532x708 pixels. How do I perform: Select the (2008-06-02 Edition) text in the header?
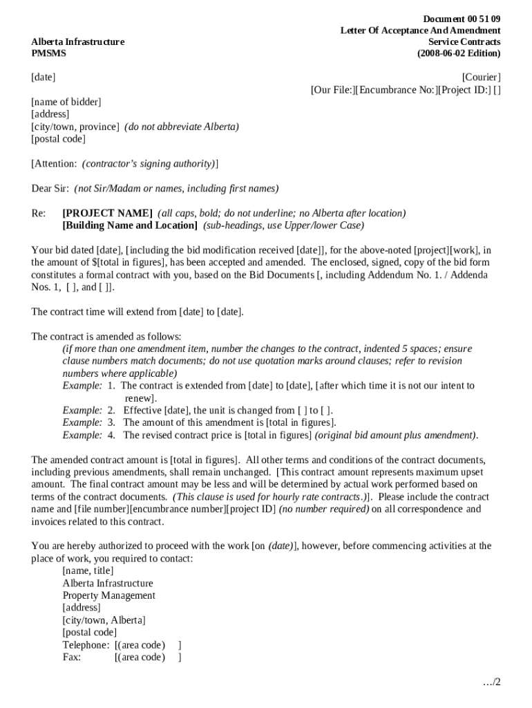click(x=459, y=53)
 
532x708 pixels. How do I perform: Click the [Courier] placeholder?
click(x=481, y=77)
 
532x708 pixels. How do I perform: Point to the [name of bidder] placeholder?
click(x=66, y=102)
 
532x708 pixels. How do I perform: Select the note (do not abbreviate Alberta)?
click(x=182, y=127)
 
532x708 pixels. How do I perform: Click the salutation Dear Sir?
click(x=50, y=189)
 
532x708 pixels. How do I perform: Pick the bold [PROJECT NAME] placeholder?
click(x=107, y=213)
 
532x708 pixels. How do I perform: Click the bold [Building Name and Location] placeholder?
click(x=130, y=225)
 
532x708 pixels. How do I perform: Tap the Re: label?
click(x=39, y=213)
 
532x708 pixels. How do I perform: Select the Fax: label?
click(x=72, y=658)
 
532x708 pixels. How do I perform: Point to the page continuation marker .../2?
click(x=491, y=682)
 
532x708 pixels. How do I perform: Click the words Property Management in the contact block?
click(x=108, y=595)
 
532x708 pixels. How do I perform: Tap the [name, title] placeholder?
click(x=88, y=570)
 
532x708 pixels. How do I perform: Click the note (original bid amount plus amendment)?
click(x=396, y=435)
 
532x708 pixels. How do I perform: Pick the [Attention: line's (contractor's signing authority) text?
click(x=148, y=164)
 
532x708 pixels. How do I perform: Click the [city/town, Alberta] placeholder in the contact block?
click(x=104, y=620)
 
